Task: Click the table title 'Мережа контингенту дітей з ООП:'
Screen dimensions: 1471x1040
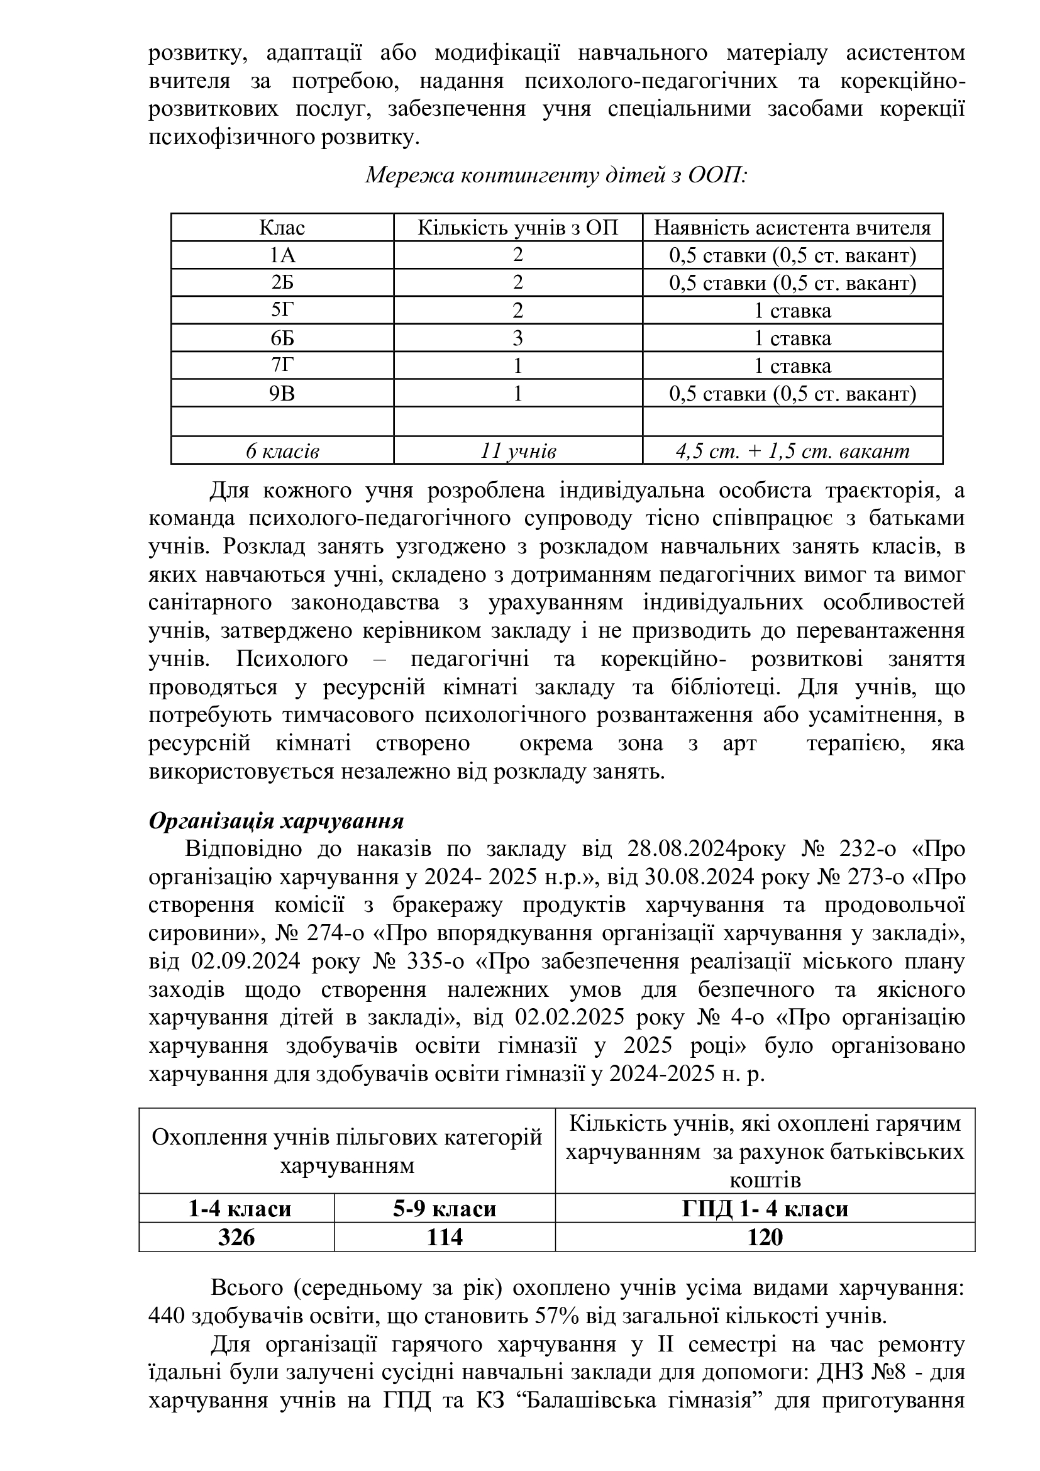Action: coord(556,175)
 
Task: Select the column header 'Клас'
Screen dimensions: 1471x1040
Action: coord(282,228)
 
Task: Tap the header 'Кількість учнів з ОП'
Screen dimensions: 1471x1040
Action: coord(517,228)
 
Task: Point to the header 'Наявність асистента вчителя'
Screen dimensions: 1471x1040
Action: coord(792,228)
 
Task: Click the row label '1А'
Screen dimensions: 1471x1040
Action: coord(282,255)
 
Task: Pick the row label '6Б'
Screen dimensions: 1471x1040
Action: coord(282,338)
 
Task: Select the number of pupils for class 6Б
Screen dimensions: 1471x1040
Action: coord(517,338)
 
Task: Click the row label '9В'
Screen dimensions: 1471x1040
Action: coord(282,393)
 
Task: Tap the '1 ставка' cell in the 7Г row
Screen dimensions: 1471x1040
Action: coord(792,366)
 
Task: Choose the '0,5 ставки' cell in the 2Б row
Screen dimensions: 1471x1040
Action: coord(792,283)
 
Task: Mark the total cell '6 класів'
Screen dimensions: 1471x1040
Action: coord(282,452)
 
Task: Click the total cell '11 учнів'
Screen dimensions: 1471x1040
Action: coord(517,452)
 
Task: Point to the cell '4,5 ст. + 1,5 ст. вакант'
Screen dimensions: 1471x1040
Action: coord(792,452)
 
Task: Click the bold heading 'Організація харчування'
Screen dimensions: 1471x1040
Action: coord(276,821)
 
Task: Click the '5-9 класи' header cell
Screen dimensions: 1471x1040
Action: coord(445,1209)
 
